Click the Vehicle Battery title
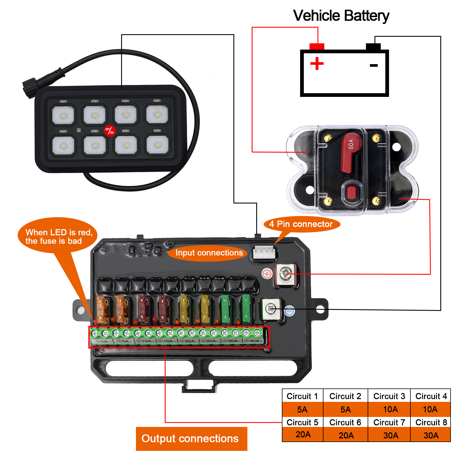click(341, 16)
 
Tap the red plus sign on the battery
click(317, 63)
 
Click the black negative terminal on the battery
click(373, 47)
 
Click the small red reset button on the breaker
click(352, 192)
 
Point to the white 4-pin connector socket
click(264, 253)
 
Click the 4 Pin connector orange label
click(302, 224)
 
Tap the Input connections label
click(209, 253)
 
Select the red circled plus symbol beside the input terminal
click(267, 274)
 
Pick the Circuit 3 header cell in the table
click(389, 396)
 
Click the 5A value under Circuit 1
click(302, 410)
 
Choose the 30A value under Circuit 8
click(431, 435)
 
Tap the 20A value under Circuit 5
click(303, 435)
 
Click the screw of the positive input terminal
click(285, 274)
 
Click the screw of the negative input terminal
click(270, 309)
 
